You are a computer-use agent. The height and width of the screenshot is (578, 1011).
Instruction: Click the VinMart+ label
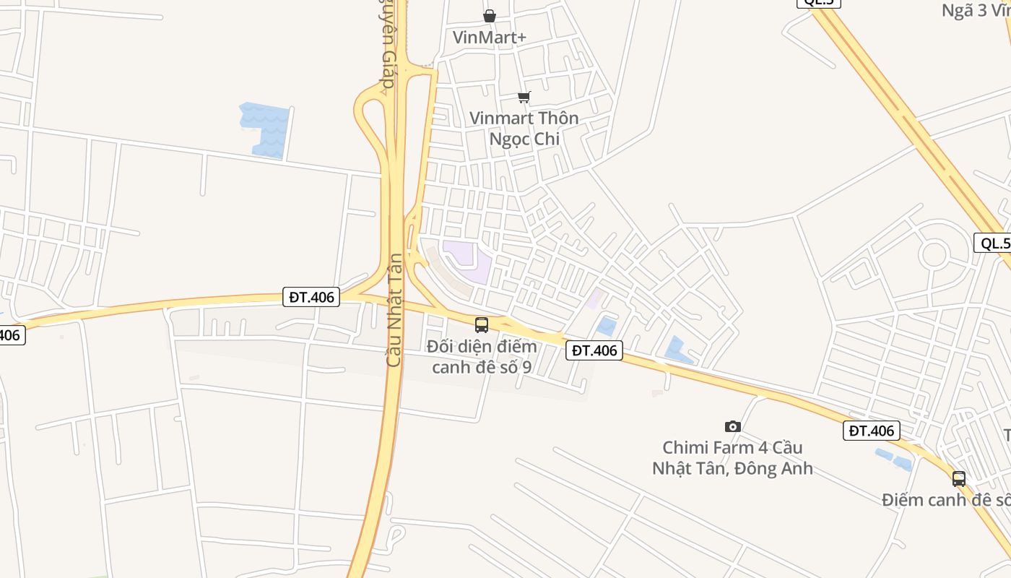pyautogui.click(x=490, y=37)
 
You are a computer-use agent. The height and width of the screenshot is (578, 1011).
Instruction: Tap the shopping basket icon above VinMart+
pyautogui.click(x=490, y=16)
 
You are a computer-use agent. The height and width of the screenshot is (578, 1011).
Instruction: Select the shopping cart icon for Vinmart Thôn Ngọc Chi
pyautogui.click(x=524, y=97)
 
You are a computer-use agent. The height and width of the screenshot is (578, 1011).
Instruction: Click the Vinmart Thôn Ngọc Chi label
pyautogui.click(x=524, y=128)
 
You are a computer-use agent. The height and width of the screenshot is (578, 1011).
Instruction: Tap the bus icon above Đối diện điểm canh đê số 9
pyautogui.click(x=482, y=325)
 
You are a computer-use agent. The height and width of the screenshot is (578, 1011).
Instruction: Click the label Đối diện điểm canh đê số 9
pyautogui.click(x=482, y=356)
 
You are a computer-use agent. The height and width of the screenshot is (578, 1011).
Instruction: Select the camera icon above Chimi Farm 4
pyautogui.click(x=733, y=427)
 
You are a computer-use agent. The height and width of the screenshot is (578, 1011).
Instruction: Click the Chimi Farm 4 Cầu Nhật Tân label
pyautogui.click(x=732, y=458)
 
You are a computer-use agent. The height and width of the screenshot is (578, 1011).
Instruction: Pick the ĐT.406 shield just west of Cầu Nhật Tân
pyautogui.click(x=311, y=297)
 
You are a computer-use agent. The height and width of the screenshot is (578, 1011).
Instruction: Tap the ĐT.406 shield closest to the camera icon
pyautogui.click(x=872, y=431)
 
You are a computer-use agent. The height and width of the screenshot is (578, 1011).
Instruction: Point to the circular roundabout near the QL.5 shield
pyautogui.click(x=934, y=254)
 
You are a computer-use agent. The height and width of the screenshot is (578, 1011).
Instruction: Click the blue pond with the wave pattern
pyautogui.click(x=266, y=128)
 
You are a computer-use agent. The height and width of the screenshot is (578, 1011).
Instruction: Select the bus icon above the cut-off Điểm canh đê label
pyautogui.click(x=959, y=478)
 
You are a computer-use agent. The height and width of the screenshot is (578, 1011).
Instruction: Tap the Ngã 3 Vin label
pyautogui.click(x=976, y=11)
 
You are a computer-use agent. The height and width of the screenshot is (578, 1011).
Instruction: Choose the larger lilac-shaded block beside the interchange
pyautogui.click(x=467, y=261)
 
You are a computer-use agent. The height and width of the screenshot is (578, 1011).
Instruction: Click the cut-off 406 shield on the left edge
pyautogui.click(x=11, y=335)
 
